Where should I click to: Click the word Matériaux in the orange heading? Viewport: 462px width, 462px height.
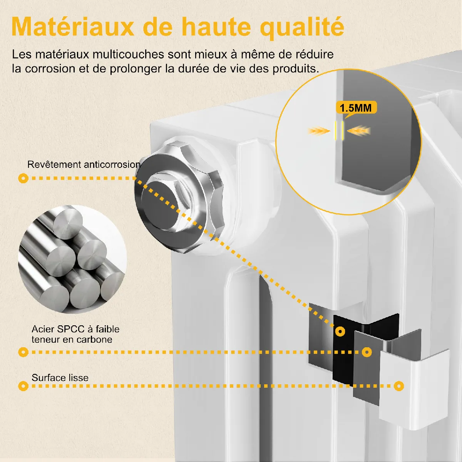click(73, 27)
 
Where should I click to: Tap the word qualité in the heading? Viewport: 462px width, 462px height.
click(302, 28)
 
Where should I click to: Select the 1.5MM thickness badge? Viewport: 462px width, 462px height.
click(356, 108)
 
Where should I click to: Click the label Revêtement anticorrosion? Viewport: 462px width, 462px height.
click(84, 164)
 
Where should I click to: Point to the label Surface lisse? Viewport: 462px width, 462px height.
click(60, 378)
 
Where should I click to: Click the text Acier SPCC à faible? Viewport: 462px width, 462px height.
click(75, 329)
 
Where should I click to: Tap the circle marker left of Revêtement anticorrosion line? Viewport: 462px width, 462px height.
click(23, 178)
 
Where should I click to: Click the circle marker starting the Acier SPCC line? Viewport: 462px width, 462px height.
click(23, 352)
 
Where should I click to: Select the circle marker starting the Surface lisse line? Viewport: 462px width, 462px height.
click(23, 386)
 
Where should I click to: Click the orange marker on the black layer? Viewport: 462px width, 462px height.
click(340, 331)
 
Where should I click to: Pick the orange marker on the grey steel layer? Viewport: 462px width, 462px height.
click(367, 352)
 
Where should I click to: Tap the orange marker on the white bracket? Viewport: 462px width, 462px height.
click(399, 386)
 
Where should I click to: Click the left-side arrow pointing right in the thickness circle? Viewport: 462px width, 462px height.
click(319, 131)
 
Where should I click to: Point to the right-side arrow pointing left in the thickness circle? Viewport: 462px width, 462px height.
click(359, 131)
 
